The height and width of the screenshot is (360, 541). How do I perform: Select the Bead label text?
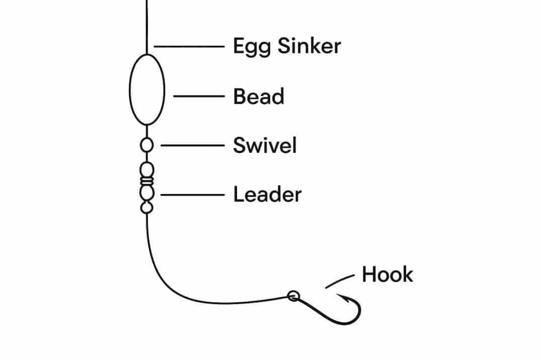click(x=258, y=96)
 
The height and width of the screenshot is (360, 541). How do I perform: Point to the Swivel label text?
click(x=265, y=145)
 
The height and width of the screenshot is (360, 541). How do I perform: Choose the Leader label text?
click(x=267, y=195)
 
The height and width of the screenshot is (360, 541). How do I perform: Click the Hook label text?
click(x=387, y=275)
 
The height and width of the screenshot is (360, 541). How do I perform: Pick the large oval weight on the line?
click(x=147, y=89)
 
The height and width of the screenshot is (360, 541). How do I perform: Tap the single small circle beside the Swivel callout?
click(x=146, y=145)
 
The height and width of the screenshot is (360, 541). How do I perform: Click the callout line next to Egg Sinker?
click(x=189, y=47)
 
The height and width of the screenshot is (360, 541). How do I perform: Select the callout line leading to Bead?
click(x=199, y=96)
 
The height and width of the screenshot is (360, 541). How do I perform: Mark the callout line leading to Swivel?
click(x=192, y=145)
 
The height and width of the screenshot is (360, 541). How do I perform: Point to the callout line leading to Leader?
click(x=192, y=195)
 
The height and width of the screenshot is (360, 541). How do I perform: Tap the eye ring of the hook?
click(x=293, y=296)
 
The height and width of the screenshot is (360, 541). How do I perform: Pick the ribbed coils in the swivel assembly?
click(x=146, y=179)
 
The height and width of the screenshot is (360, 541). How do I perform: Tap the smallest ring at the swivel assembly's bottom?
click(x=146, y=207)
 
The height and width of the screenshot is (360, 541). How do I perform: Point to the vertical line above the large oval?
click(x=146, y=25)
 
